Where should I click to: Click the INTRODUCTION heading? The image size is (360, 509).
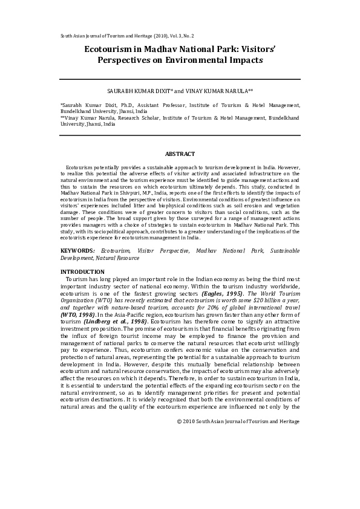click(x=82, y=272)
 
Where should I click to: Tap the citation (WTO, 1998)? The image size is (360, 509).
click(x=77, y=315)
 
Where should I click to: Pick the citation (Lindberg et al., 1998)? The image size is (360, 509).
click(x=106, y=322)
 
